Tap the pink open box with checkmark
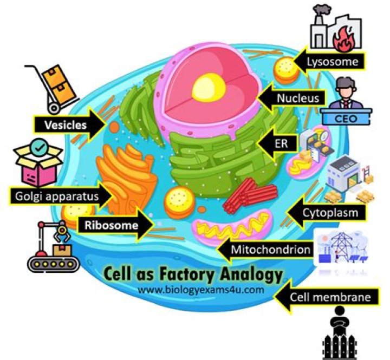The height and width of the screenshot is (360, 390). click(36, 161)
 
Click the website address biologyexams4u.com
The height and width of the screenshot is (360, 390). click(201, 289)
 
